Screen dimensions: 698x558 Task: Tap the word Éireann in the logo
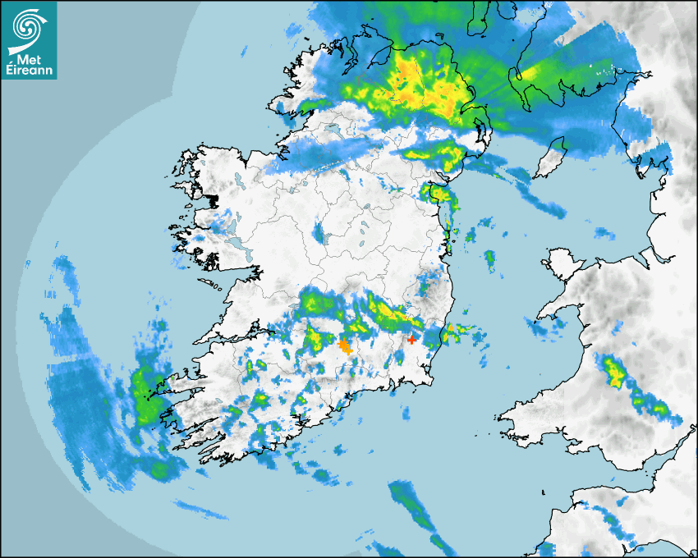pyautogui.click(x=29, y=71)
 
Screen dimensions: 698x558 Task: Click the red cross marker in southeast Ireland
pyautogui.click(x=412, y=339)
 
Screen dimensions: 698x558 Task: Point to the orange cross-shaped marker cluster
pyautogui.click(x=346, y=346)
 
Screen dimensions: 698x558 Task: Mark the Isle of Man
pyautogui.click(x=551, y=158)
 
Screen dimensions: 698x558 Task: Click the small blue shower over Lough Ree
pyautogui.click(x=319, y=233)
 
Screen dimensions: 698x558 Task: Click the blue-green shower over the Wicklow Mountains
pyautogui.click(x=428, y=286)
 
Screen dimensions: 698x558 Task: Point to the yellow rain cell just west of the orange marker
pyautogui.click(x=313, y=336)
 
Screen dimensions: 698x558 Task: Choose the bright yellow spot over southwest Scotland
pyautogui.click(x=530, y=75)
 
